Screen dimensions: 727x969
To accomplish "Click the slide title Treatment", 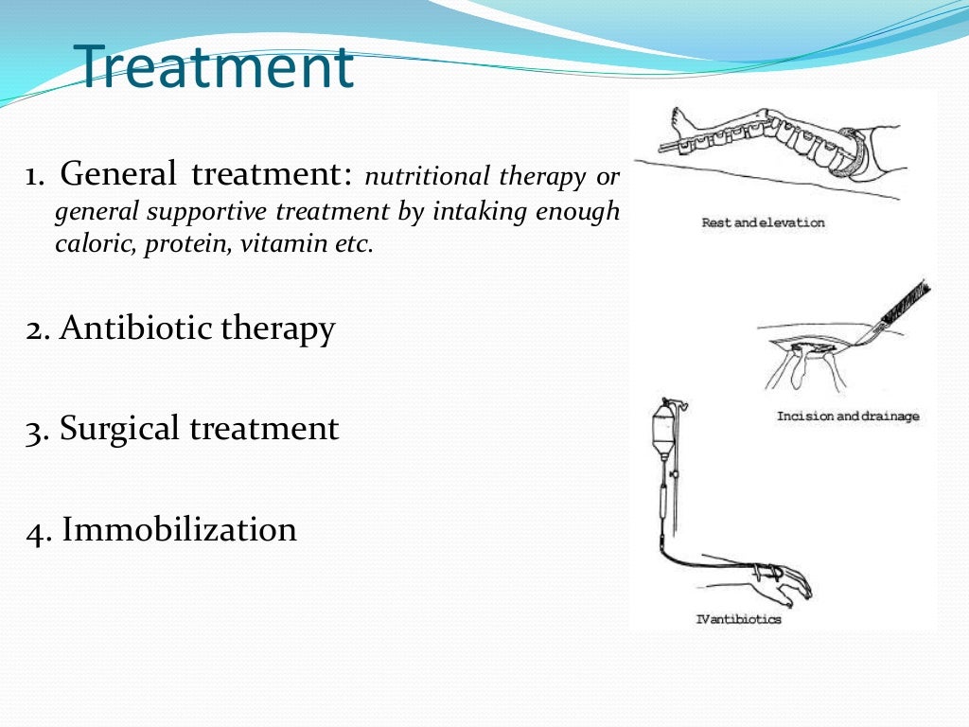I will tap(214, 67).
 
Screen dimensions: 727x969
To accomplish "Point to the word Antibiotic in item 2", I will tap(136, 328).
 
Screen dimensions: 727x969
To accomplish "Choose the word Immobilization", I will tap(179, 529).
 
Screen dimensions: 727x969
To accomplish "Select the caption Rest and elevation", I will tap(763, 223).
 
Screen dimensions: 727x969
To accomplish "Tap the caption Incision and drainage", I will tap(847, 417).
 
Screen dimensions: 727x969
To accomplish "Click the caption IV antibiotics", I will tap(738, 620).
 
